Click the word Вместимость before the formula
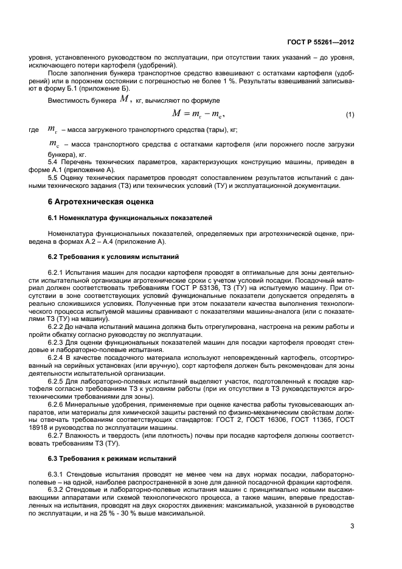point(69,99)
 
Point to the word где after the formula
point(33,130)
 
